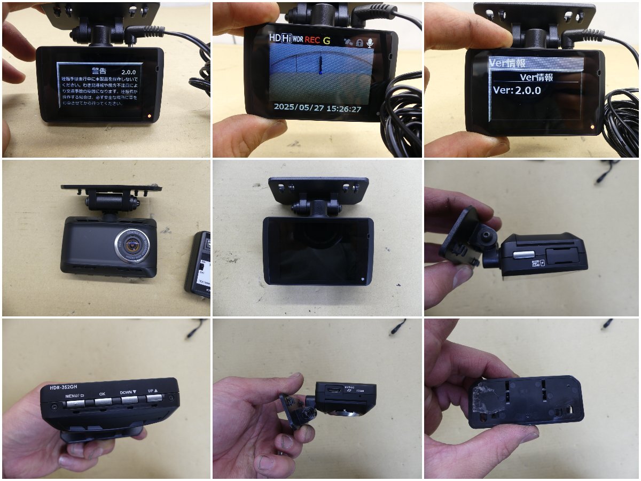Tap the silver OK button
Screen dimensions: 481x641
[102, 400]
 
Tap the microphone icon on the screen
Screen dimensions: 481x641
[369, 42]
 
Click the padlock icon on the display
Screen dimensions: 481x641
[359, 42]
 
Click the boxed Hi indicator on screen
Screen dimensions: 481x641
[287, 38]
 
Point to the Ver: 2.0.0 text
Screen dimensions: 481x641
[517, 90]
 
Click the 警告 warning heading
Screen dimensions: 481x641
[99, 71]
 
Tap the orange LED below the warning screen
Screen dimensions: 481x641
[149, 115]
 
